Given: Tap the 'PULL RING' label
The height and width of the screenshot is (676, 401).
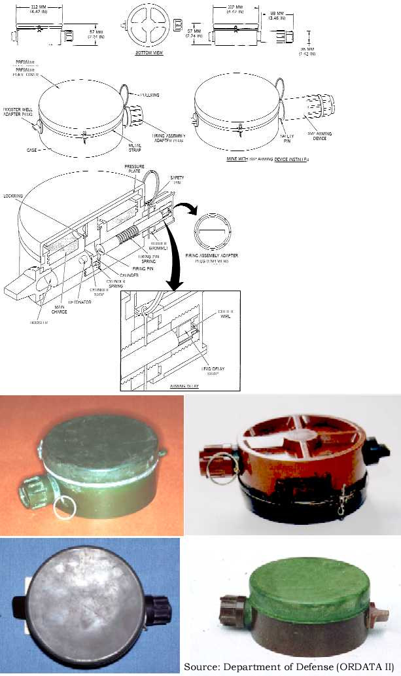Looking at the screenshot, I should [x=150, y=95].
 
